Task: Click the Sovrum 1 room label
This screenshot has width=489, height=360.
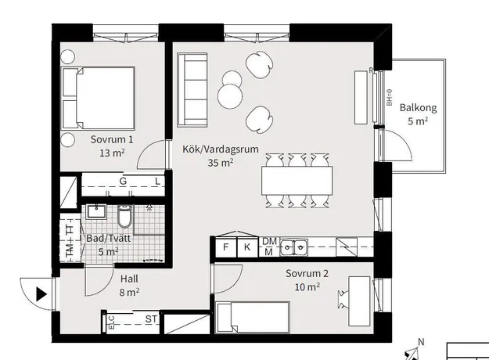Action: [112, 139]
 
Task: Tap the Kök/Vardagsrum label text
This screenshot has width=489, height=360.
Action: [221, 149]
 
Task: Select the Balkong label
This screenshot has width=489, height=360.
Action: [419, 108]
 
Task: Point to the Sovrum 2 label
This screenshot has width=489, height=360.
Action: [307, 274]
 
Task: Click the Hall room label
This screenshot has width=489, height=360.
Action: [129, 279]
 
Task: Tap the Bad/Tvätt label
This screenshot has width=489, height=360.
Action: [109, 239]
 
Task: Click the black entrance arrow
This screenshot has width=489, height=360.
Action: [41, 294]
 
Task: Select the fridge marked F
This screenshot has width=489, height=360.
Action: [226, 247]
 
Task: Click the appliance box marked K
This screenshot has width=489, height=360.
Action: [247, 247]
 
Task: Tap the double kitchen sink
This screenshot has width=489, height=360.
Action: [293, 247]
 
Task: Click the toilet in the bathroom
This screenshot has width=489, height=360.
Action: [124, 216]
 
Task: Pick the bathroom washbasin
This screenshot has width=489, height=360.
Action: [96, 211]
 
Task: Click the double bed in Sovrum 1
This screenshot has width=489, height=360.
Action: [99, 98]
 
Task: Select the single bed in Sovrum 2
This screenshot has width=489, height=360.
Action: [253, 317]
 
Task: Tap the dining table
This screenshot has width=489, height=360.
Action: [297, 181]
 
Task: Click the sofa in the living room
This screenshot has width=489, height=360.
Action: [192, 90]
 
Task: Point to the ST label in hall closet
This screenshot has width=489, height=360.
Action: [152, 319]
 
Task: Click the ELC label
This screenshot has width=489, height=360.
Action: [111, 322]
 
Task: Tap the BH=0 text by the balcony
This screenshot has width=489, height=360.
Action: [389, 98]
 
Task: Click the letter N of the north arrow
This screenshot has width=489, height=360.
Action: [421, 342]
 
